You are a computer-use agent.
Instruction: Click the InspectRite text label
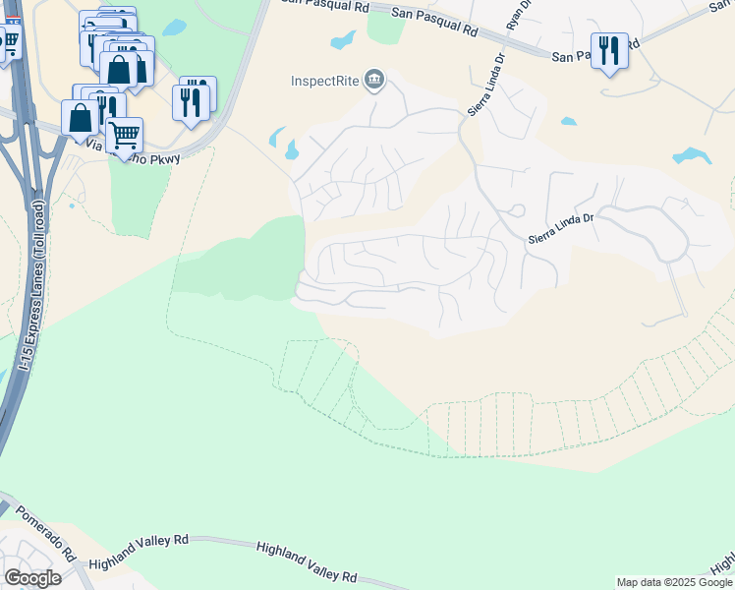click(x=325, y=80)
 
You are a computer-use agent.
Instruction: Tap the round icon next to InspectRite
click(x=374, y=80)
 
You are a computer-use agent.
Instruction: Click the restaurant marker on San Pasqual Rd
click(x=609, y=50)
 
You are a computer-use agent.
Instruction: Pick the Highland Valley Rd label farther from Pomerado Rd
click(x=306, y=561)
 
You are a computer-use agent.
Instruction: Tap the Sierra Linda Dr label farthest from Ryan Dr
click(x=563, y=229)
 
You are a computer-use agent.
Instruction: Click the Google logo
click(x=31, y=578)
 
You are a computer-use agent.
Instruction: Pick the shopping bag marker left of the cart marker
click(x=80, y=117)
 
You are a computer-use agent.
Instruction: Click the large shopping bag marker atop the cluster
click(x=119, y=69)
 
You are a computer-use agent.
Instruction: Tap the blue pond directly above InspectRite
click(x=343, y=40)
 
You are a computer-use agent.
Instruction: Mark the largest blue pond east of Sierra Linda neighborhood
click(x=692, y=155)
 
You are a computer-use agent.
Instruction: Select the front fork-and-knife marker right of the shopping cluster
click(x=191, y=101)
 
